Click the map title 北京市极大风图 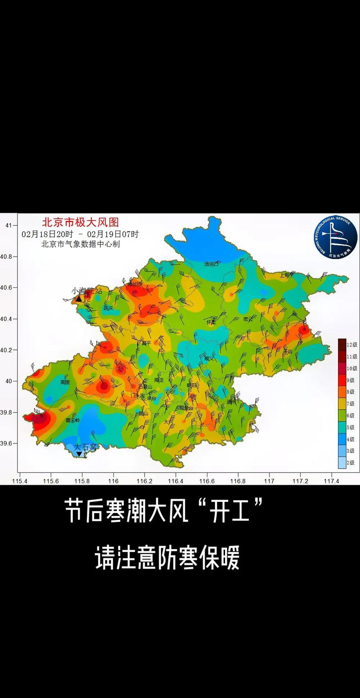[x=80, y=223]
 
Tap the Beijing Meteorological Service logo [x=335, y=237]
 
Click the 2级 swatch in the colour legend [x=342, y=463]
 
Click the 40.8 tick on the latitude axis [x=9, y=257]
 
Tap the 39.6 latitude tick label [x=9, y=443]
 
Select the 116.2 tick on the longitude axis [x=144, y=481]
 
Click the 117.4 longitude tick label [x=331, y=481]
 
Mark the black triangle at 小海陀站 [x=79, y=298]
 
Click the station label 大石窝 [x=85, y=447]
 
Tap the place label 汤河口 [x=211, y=264]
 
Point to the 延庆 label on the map [x=108, y=309]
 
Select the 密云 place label [x=247, y=319]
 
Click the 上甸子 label [x=286, y=274]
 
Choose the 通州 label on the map [x=232, y=402]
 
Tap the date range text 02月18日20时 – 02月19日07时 [x=80, y=234]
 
